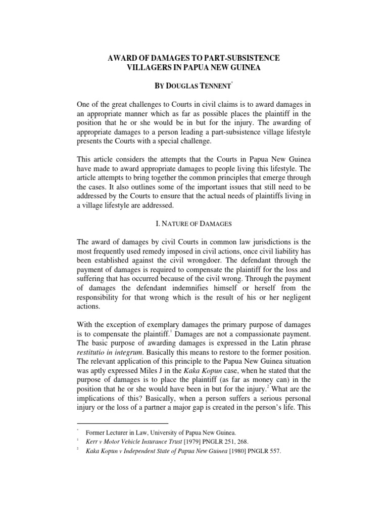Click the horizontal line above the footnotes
pyautogui.click(x=122, y=423)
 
